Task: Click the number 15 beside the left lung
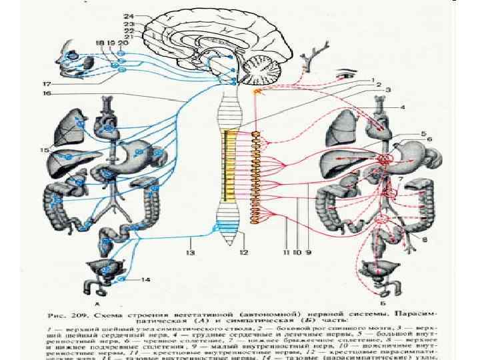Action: (46, 151)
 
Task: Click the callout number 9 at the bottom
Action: (309, 252)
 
